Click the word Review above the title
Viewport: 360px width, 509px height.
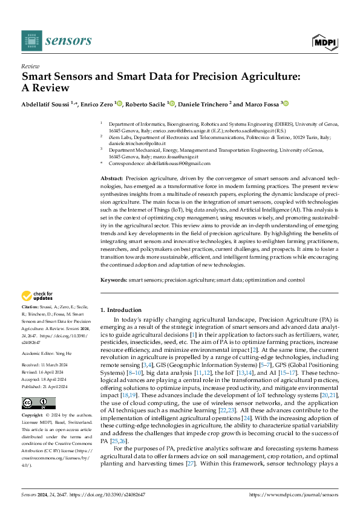pyautogui.click(x=30, y=66)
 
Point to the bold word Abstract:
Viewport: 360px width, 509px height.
pyautogui.click(x=112, y=180)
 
